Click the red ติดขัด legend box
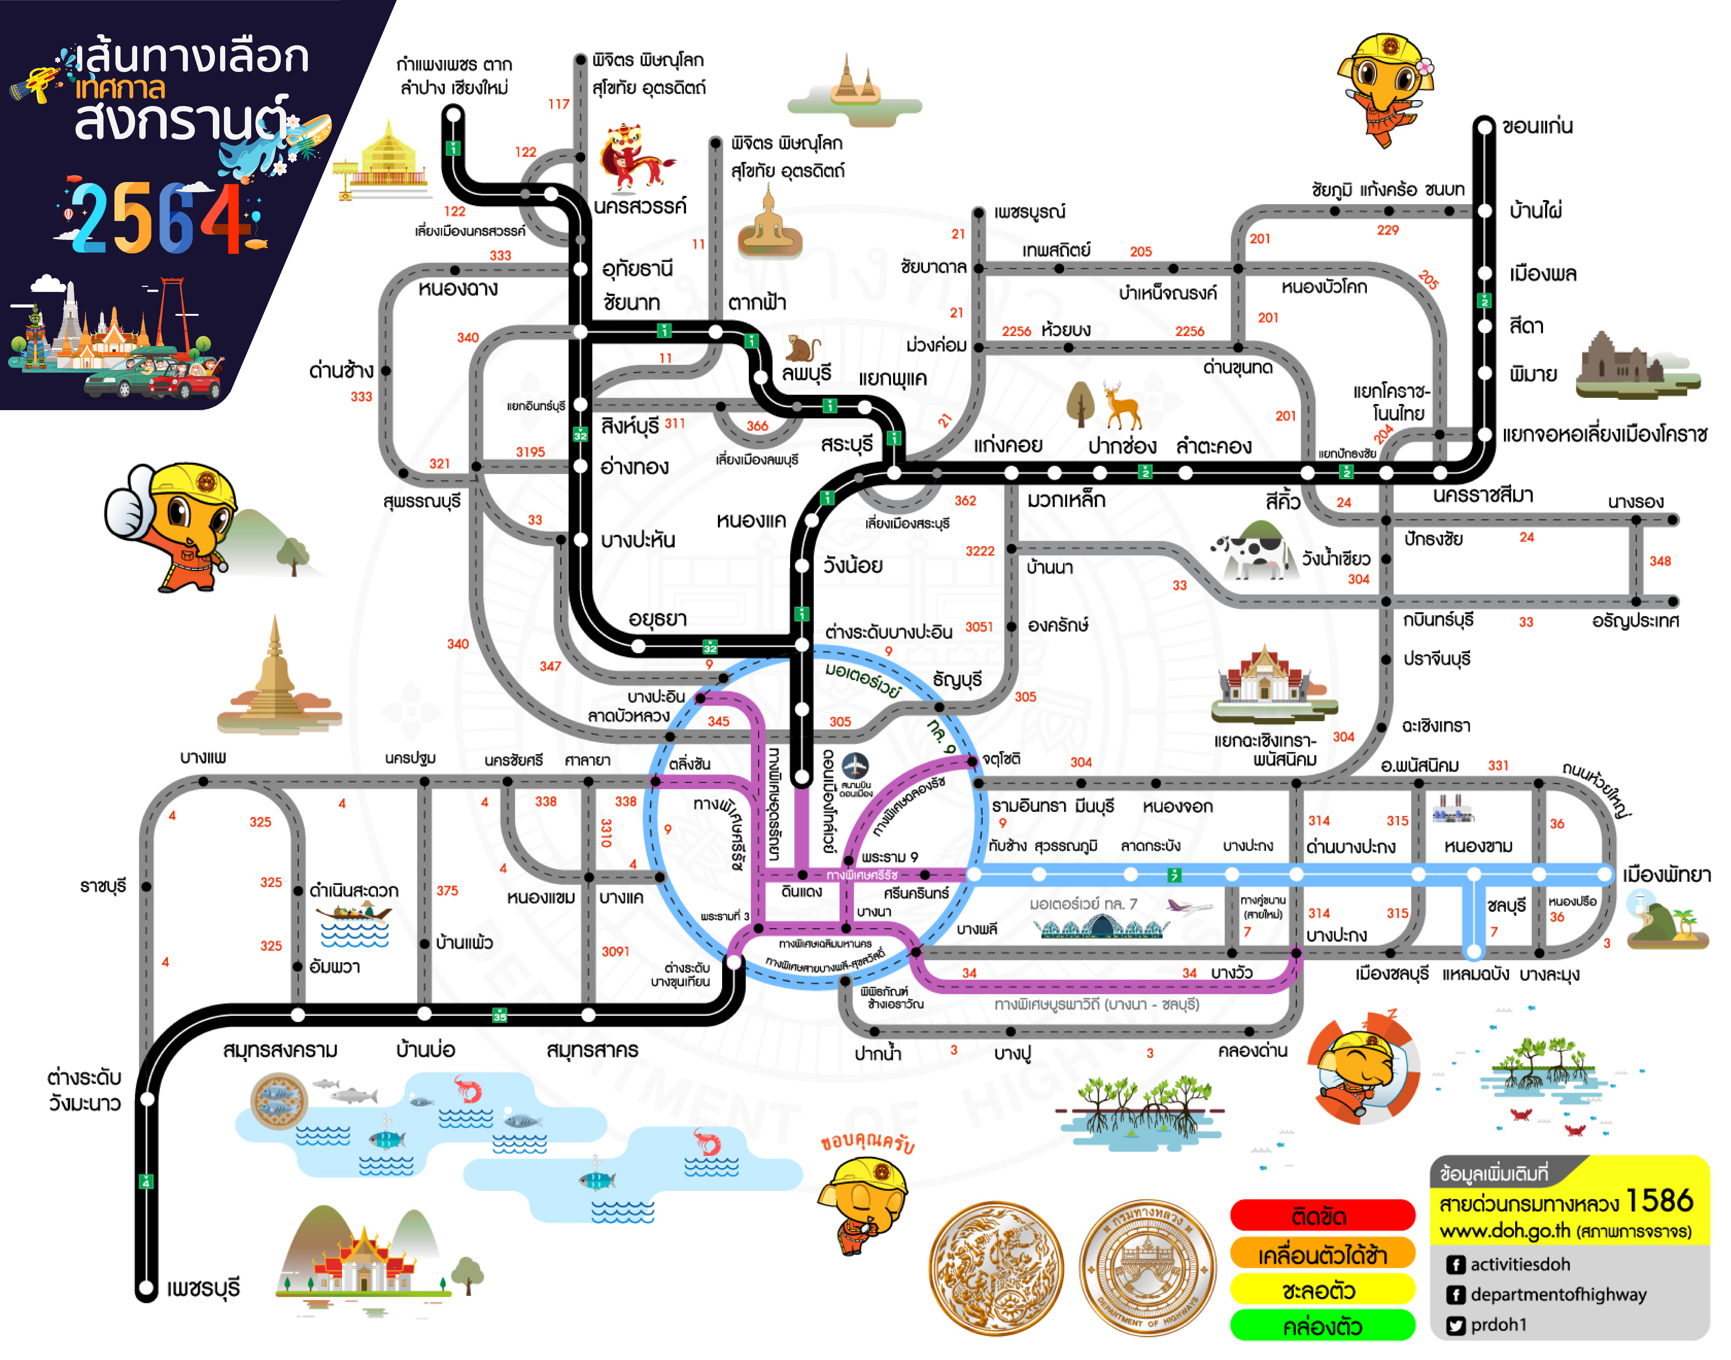1322,1216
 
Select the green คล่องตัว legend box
1322,1326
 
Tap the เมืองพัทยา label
1666,874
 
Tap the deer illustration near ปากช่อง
1123,404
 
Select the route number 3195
530,451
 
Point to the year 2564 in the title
159,219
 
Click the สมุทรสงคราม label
280,1050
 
